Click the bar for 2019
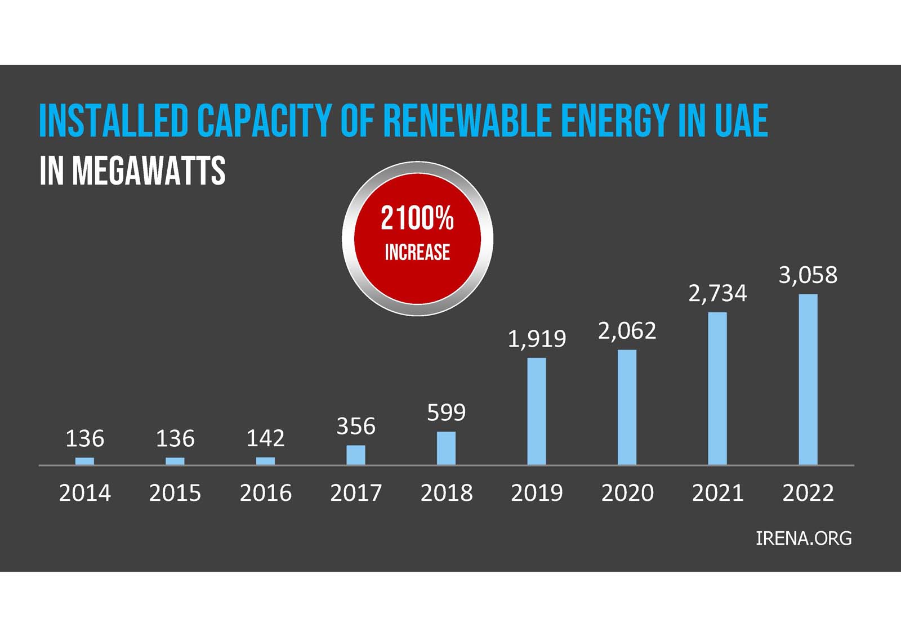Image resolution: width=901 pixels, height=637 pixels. click(x=537, y=411)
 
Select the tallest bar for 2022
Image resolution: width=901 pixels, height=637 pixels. click(x=808, y=379)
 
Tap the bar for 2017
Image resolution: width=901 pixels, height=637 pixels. click(x=356, y=455)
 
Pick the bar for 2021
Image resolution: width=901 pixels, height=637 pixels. click(x=717, y=388)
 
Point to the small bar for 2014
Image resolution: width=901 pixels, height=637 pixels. click(x=85, y=461)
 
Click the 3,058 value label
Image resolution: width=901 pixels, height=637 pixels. click(x=808, y=275)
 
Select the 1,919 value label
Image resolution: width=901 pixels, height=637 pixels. click(x=537, y=339)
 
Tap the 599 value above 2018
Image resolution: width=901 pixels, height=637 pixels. click(x=447, y=412)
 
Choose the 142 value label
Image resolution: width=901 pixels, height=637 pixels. click(x=266, y=438)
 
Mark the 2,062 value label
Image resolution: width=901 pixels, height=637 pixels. click(x=627, y=331)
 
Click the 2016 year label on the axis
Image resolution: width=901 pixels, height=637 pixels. click(x=266, y=493)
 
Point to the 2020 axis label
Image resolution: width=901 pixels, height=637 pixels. click(x=627, y=493)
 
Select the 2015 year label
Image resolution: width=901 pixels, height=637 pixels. click(x=175, y=493)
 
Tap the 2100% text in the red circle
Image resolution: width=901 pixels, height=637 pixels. click(x=417, y=218)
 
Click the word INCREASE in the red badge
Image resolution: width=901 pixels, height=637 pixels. click(x=417, y=252)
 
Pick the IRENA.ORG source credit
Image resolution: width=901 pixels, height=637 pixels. click(x=804, y=538)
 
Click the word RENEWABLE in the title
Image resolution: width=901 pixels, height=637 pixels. click(x=466, y=120)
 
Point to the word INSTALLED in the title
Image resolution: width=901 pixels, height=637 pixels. click(x=113, y=120)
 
